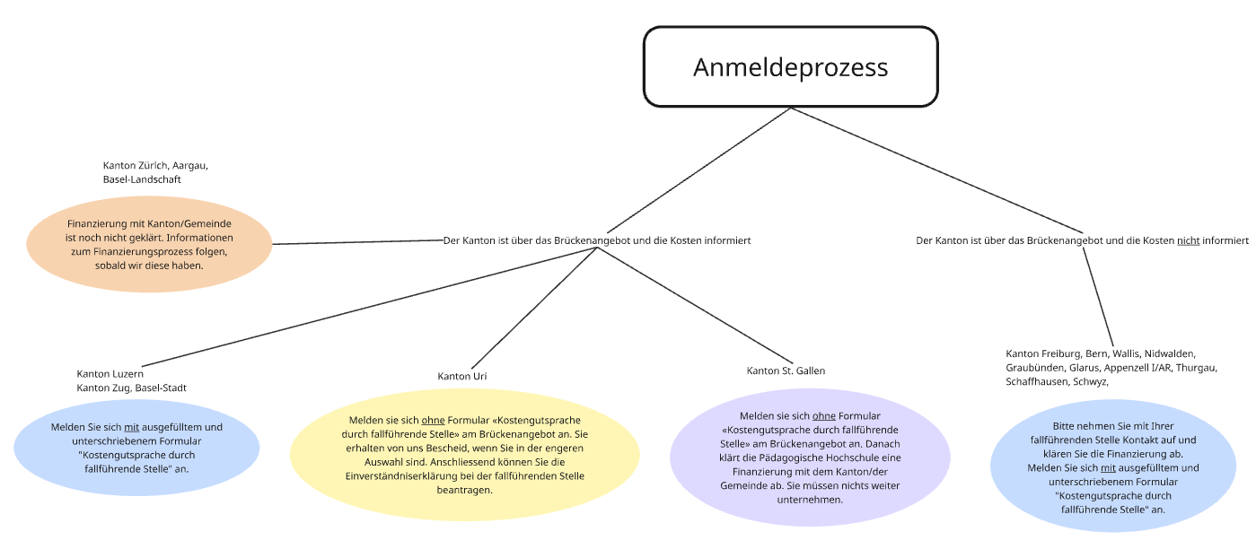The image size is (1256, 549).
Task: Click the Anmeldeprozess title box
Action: coord(790,67)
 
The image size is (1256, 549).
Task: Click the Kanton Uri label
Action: coord(462,376)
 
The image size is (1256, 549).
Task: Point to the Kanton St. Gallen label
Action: coord(786,370)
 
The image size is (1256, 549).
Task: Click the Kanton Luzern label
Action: coord(110,374)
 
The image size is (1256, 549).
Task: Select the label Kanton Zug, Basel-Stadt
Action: coord(131,388)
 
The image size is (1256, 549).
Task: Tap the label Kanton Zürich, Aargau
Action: coord(155,166)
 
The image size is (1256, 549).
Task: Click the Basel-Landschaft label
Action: coord(142,179)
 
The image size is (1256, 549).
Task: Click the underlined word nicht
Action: coord(1188,240)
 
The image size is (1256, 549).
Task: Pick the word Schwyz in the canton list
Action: coord(1089,381)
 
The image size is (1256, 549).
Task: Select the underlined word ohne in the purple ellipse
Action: coord(823,416)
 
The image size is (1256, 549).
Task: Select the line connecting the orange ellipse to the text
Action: coord(359,242)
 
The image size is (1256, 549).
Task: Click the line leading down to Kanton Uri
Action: coord(534,309)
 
